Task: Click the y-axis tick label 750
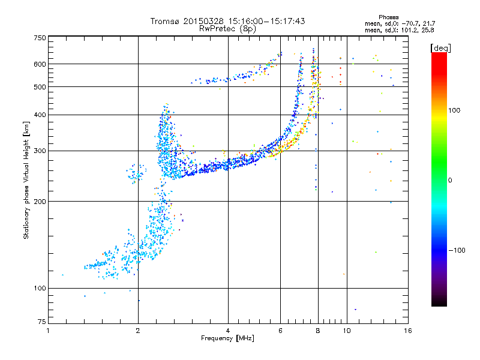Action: tap(40, 37)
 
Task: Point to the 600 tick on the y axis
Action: tap(40, 64)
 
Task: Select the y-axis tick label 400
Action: tap(40, 115)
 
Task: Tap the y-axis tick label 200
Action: tap(40, 201)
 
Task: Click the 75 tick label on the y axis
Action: tap(41, 323)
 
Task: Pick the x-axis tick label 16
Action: tap(408, 330)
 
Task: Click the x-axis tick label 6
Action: tap(281, 330)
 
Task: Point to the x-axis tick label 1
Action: tap(49, 330)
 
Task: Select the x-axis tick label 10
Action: tap(346, 330)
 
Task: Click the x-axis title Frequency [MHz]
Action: tap(228, 338)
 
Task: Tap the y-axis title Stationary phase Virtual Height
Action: tap(26, 180)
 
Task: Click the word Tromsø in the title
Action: tap(165, 21)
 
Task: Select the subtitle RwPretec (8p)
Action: tap(227, 28)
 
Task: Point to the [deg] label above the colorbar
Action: tap(441, 47)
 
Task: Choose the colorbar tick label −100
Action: tap(457, 250)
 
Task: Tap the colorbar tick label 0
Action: tap(452, 180)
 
